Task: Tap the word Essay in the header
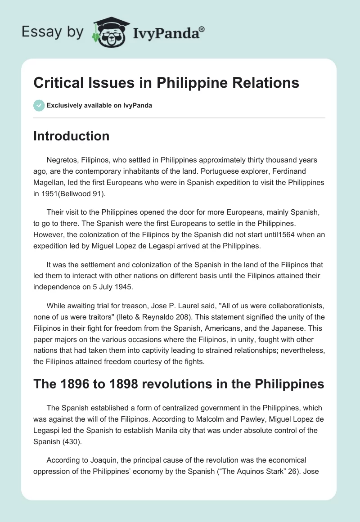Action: tap(39, 32)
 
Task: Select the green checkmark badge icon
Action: tap(38, 105)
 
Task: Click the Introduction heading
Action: tap(71, 136)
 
